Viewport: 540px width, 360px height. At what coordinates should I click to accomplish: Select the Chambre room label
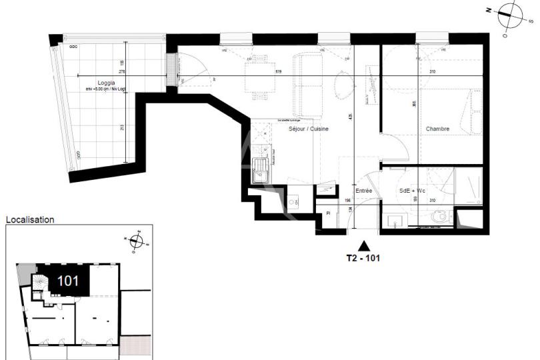[x=437, y=129]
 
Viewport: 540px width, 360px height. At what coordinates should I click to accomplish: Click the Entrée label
[x=363, y=191]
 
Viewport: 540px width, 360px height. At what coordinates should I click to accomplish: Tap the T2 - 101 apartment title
[x=363, y=256]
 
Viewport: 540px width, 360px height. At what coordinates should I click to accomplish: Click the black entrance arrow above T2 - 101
[x=363, y=245]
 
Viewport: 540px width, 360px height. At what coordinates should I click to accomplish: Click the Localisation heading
[x=30, y=219]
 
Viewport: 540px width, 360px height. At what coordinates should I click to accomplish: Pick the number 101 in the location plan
[x=68, y=281]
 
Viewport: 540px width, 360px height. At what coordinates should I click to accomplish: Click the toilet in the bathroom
[x=440, y=216]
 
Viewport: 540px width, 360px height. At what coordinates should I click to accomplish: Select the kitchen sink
[x=260, y=171]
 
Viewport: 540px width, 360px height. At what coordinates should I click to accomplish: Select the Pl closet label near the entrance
[x=328, y=213]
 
